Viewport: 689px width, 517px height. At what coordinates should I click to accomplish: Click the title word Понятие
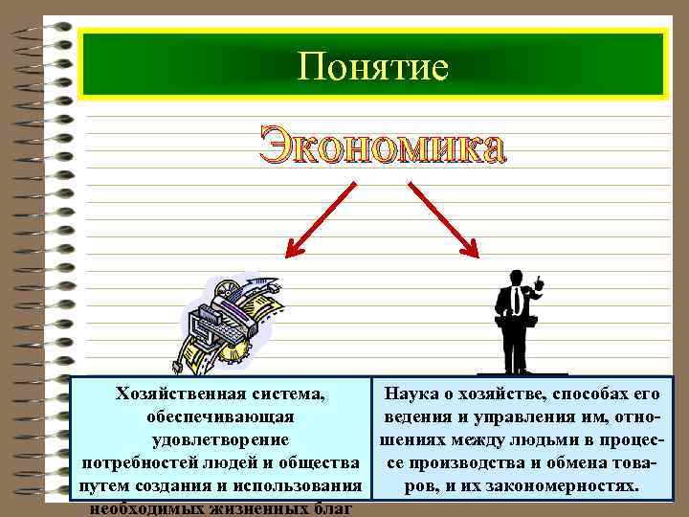[372, 66]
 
